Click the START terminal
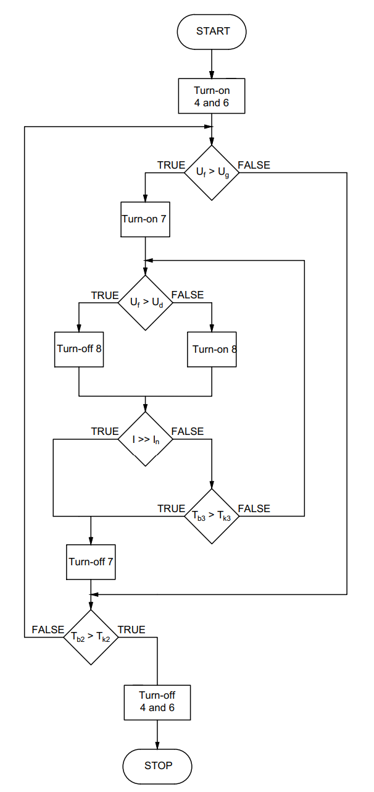tap(212, 32)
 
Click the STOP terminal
tap(157, 766)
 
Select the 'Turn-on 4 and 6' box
tap(212, 96)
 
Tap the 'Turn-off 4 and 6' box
tap(157, 702)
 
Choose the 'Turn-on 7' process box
tap(145, 219)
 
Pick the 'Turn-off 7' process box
tap(91, 562)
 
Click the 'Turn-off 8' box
tap(79, 349)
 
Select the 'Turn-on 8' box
tap(212, 349)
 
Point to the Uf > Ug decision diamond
tap(212, 173)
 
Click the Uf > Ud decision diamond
tap(145, 303)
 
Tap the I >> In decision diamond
tap(145, 439)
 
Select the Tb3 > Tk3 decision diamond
tap(212, 516)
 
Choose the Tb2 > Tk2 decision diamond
tap(91, 637)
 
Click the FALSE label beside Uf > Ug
tap(254, 165)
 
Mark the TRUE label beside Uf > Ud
tap(105, 295)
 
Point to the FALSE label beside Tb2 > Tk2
tap(48, 630)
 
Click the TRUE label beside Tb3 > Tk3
tap(172, 508)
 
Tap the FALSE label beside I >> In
tap(188, 431)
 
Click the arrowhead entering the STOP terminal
tap(157, 745)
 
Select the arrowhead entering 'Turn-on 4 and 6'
tap(212, 74)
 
